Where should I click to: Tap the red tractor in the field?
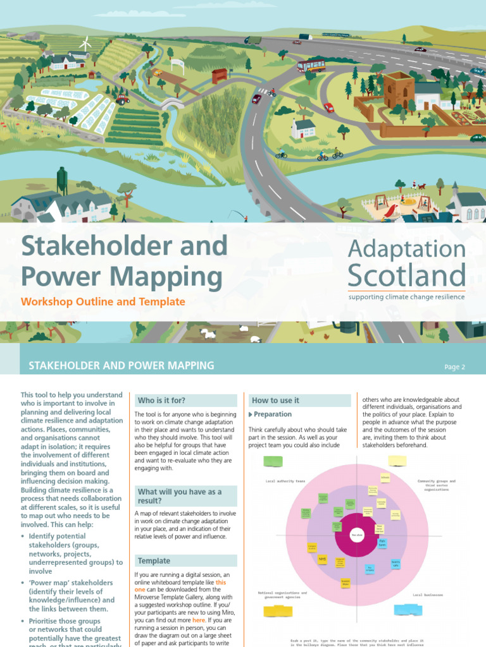coord(122,99)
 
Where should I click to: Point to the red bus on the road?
coord(311,64)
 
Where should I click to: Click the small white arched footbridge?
coord(171,103)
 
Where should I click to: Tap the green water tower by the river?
coord(62,180)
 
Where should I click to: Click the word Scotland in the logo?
coord(407,275)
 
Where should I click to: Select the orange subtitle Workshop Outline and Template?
coord(103,302)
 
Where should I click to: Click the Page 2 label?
coord(454,366)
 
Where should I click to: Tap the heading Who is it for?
coord(162,400)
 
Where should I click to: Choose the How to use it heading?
coord(275,401)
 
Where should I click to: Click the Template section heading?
coord(154,560)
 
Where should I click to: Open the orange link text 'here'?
coord(199,621)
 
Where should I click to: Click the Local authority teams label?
coord(285,481)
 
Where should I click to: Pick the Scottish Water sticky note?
coord(345,583)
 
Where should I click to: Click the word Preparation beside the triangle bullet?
coord(273,414)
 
